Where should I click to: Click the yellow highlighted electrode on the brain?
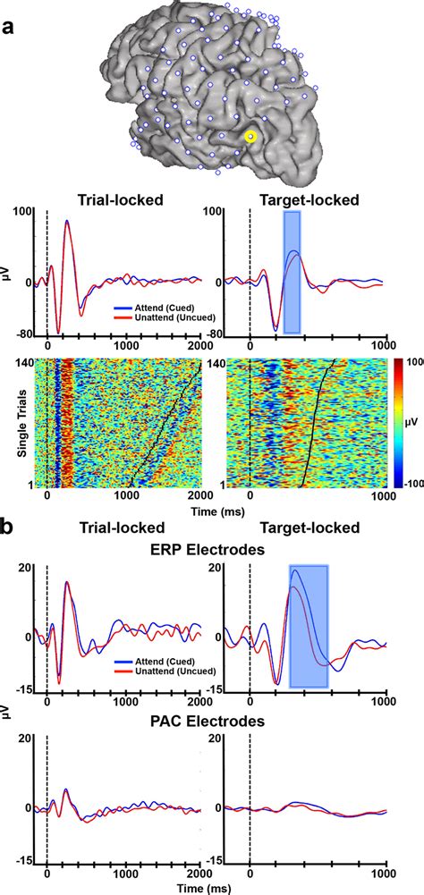(250, 136)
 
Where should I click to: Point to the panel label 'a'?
(8, 28)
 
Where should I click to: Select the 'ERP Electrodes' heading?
(211, 551)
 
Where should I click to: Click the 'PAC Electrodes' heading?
(211, 720)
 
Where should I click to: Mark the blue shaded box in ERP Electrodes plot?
(309, 626)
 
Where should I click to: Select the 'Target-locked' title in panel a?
(311, 200)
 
